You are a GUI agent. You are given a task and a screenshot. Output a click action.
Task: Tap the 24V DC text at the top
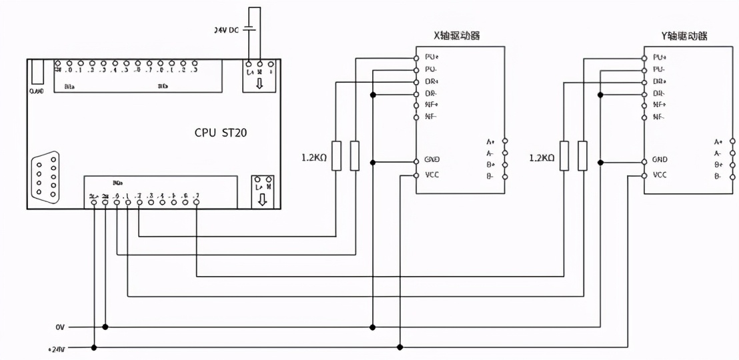227,30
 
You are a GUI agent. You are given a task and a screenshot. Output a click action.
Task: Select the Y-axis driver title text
684,35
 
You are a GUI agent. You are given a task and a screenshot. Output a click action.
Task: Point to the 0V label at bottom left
61,327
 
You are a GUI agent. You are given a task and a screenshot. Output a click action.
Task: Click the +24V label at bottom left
57,347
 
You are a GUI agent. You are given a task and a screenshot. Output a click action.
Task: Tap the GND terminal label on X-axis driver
432,161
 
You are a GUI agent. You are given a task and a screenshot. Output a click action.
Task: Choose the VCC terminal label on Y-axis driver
660,175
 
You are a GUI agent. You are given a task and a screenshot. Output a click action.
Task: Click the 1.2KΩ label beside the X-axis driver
313,158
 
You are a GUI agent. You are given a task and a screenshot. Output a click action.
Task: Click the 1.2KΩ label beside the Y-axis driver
541,158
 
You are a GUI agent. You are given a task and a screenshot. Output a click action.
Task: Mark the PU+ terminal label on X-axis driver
432,57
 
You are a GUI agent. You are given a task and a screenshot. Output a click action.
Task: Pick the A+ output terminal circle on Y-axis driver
733,141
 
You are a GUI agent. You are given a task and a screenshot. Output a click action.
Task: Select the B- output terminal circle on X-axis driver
506,177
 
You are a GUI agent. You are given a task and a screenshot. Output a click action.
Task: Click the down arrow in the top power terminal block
259,84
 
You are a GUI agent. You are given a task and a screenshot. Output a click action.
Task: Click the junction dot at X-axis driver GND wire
373,162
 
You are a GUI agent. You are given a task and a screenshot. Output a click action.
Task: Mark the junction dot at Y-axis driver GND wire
601,162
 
